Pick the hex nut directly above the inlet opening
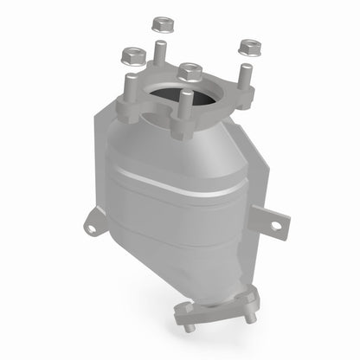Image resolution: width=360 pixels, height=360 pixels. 189,70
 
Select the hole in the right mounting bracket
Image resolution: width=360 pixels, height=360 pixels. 275,226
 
